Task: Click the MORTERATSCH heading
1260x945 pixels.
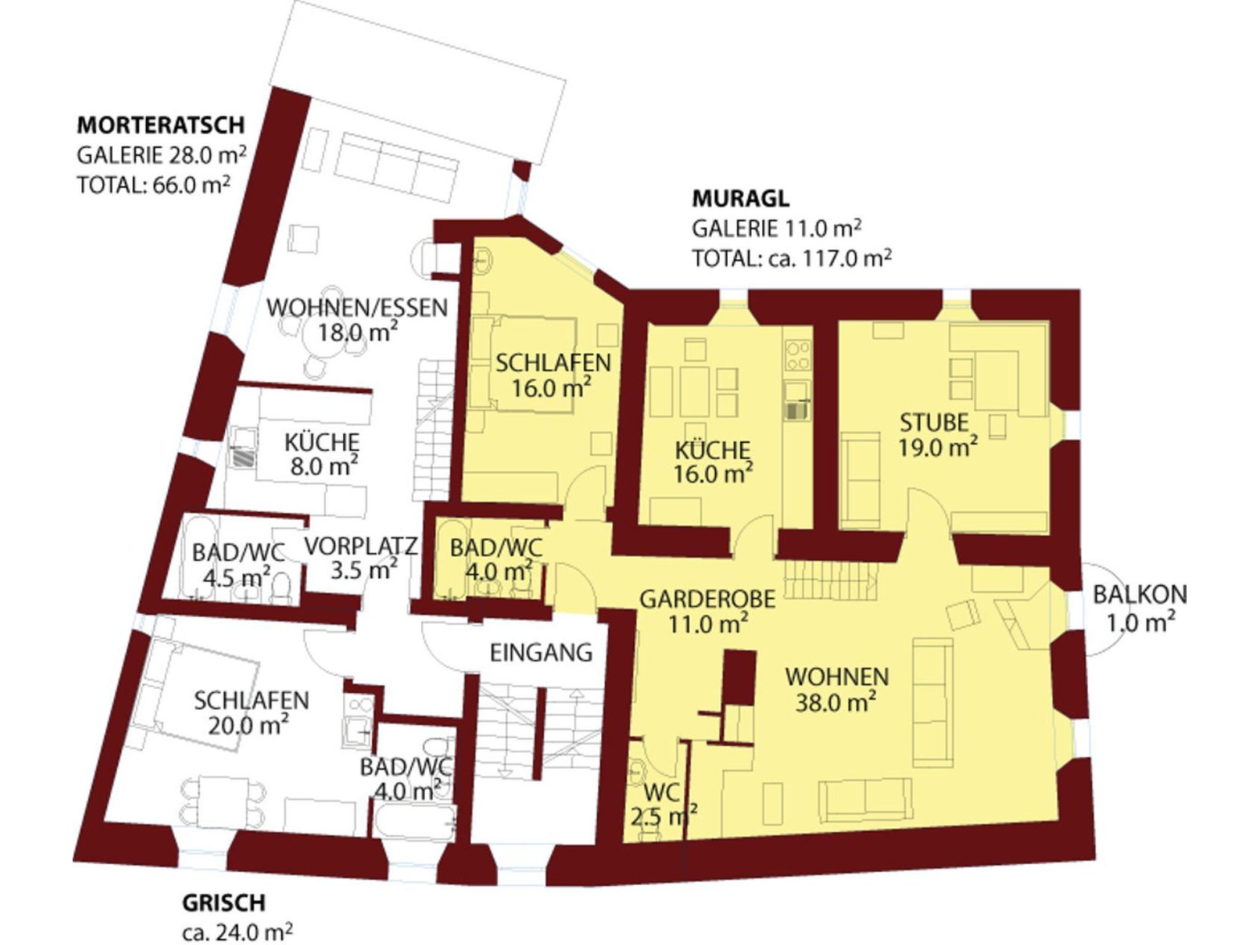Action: [x=161, y=125]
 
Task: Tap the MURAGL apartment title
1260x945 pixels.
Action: [x=741, y=199]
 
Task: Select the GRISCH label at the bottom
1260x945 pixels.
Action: [x=224, y=903]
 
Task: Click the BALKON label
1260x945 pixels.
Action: [x=1139, y=595]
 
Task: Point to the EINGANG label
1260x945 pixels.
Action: [x=541, y=653]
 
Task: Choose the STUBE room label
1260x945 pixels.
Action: [x=934, y=423]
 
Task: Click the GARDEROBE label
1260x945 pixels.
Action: [x=708, y=599]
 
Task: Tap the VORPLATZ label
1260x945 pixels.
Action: [x=361, y=546]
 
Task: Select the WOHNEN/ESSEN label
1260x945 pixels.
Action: [x=357, y=307]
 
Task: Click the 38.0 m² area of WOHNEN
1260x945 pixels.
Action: [x=836, y=702]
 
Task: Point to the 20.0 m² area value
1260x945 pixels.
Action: [x=248, y=726]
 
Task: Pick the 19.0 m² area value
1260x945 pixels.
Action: [x=938, y=447]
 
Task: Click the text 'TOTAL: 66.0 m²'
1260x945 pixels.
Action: [x=154, y=184]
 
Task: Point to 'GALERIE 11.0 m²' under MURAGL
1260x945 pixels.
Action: [x=776, y=228]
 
